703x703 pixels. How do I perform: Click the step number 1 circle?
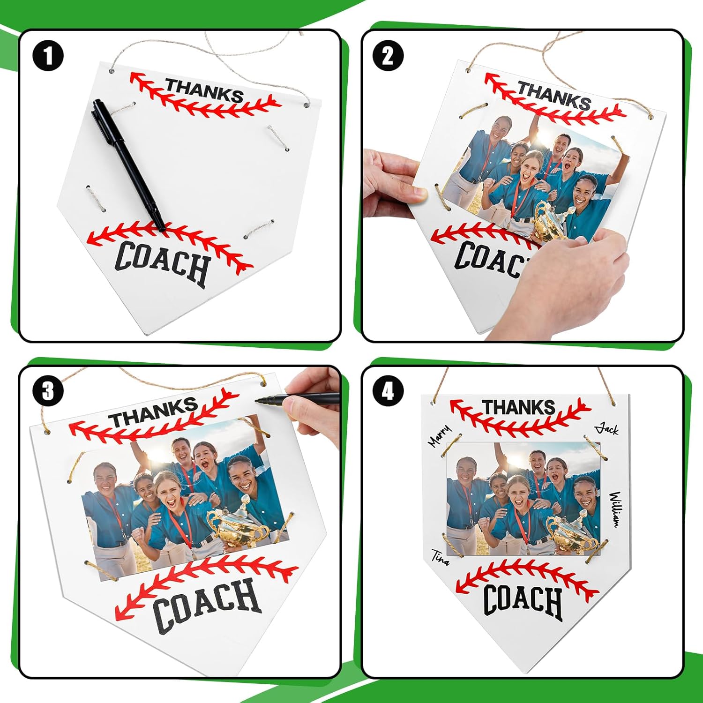(48, 56)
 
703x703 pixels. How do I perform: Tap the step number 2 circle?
(388, 56)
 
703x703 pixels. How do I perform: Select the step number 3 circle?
(48, 391)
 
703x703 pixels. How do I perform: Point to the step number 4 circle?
(388, 391)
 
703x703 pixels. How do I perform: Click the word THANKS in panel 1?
(204, 91)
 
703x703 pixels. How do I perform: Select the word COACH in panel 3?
(206, 605)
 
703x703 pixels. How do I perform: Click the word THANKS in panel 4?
(519, 407)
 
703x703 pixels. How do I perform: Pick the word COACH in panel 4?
(523, 601)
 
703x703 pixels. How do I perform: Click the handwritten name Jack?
(607, 428)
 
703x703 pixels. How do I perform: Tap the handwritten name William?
(615, 509)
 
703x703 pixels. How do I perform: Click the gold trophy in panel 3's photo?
(239, 524)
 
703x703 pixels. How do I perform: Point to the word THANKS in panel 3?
(153, 412)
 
